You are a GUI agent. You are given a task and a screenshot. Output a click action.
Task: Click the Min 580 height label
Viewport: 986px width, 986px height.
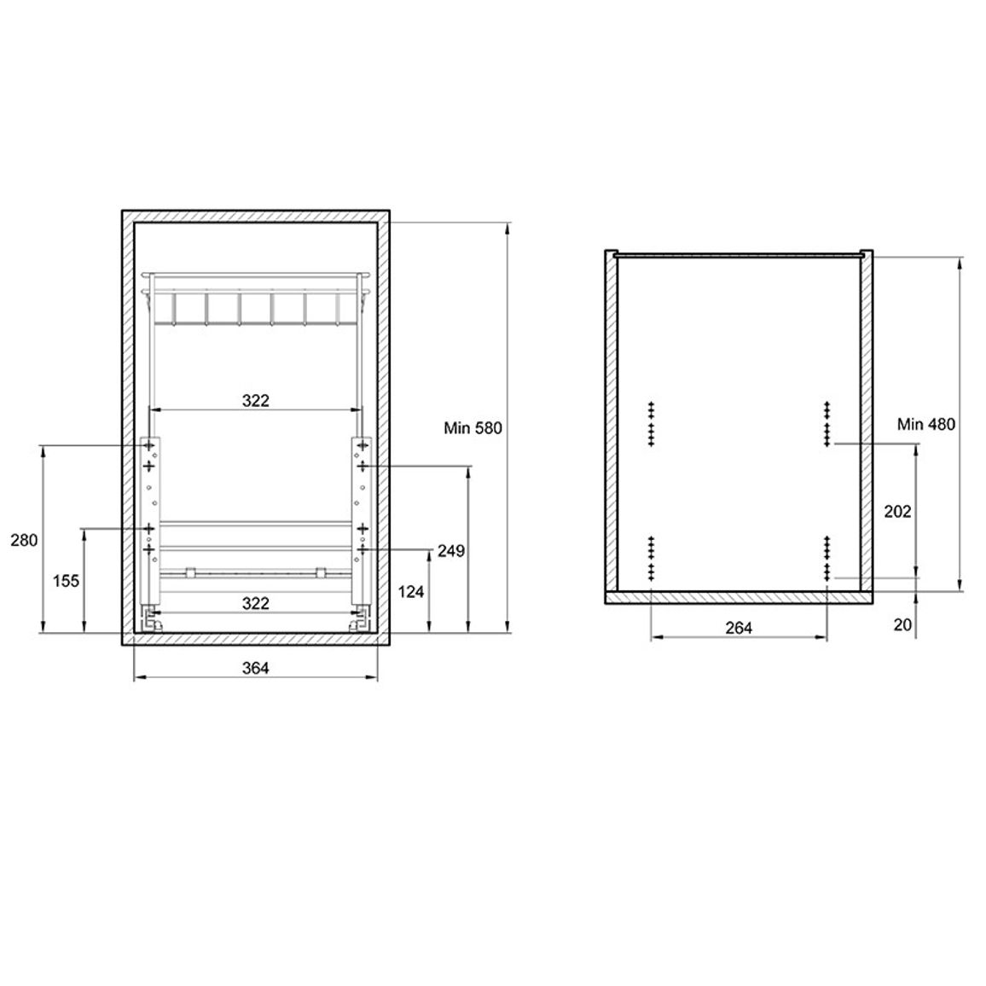click(473, 428)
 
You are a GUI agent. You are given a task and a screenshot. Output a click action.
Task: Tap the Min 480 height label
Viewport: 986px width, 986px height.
click(925, 425)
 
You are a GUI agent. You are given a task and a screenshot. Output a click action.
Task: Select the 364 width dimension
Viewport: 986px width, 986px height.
click(255, 668)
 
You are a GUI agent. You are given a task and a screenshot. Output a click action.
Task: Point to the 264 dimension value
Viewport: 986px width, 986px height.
click(739, 628)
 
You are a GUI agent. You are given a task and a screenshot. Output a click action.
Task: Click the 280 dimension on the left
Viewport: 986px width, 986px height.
click(24, 540)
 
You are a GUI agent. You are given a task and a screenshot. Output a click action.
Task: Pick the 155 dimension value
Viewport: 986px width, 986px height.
click(66, 580)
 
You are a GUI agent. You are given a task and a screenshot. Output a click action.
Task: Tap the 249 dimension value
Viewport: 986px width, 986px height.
click(451, 551)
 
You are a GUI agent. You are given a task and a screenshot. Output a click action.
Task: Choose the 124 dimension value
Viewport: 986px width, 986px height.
click(410, 592)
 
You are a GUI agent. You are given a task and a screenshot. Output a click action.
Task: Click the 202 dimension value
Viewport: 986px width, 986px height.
click(897, 512)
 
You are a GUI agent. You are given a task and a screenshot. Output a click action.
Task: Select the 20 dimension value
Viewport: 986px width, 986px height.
click(902, 624)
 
